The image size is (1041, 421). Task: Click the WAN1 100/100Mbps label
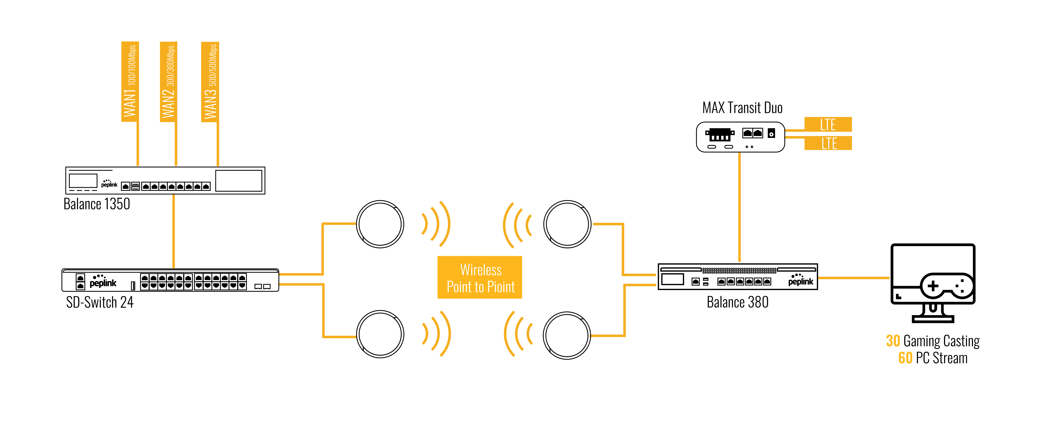[130, 81]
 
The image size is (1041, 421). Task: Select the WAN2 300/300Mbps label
[169, 81]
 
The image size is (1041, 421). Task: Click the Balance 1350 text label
[97, 204]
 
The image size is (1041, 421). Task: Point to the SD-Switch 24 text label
[100, 302]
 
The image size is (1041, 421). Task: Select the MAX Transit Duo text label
[742, 108]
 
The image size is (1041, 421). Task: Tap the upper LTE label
[828, 124]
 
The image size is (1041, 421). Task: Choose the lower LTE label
[828, 143]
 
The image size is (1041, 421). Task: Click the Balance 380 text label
[738, 302]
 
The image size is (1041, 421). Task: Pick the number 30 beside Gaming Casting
[893, 341]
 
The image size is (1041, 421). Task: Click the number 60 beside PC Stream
[905, 358]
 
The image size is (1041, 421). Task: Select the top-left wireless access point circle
[380, 224]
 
